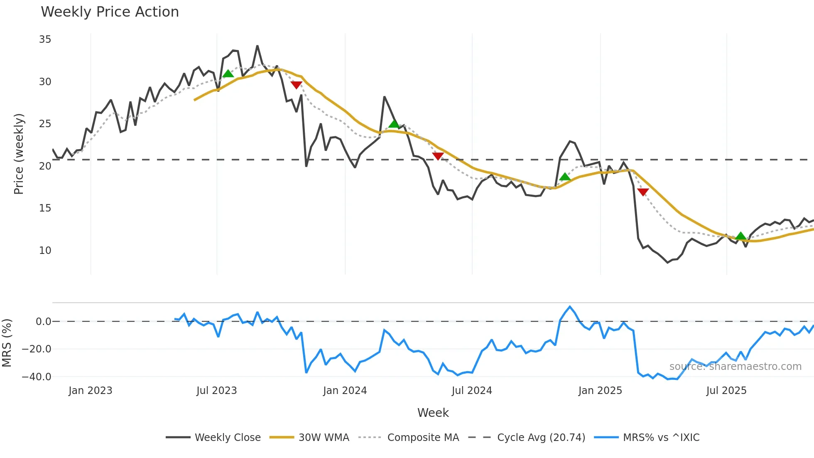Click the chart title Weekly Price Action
pos(110,12)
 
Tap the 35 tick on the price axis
pos(45,39)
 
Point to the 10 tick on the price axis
pos(45,251)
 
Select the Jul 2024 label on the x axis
pos(472,391)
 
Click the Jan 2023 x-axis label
pos(90,391)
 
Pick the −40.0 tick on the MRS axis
pos(37,377)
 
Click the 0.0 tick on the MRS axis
pos(43,322)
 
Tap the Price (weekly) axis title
pos(19,154)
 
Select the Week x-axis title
pos(433,413)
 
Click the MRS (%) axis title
pos(7,343)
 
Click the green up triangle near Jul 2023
pos(228,74)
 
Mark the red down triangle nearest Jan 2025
pos(643,192)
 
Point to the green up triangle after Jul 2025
pos(740,236)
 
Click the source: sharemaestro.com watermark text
pos(735,367)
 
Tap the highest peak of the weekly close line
pos(257,46)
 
